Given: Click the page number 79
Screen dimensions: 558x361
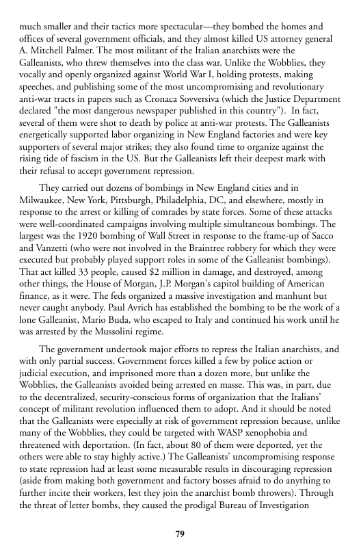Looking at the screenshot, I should tap(180, 533).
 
